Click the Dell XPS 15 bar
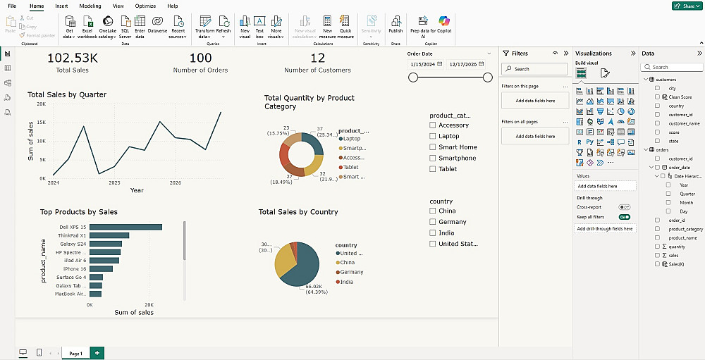(125, 227)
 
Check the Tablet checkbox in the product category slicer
(433, 169)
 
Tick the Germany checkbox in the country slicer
(433, 222)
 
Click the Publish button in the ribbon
(396, 25)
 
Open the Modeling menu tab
(90, 6)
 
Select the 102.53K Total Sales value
(72, 58)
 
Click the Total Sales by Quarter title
(67, 94)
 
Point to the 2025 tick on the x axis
(114, 182)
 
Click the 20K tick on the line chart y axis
(42, 104)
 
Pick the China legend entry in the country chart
(348, 262)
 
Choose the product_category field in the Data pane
(685, 229)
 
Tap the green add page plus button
(97, 352)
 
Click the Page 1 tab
(75, 353)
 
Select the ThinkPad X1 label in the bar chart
(72, 235)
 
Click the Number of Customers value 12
(317, 58)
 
